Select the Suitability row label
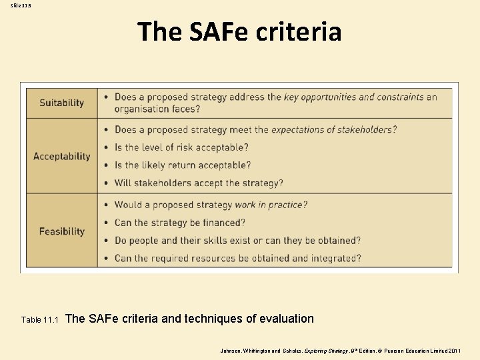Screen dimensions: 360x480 click(x=61, y=103)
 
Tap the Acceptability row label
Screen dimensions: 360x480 click(x=61, y=156)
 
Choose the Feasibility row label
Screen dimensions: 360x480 click(x=61, y=231)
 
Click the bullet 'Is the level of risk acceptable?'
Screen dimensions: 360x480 click(x=181, y=147)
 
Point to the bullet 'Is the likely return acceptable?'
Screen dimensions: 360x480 click(x=183, y=165)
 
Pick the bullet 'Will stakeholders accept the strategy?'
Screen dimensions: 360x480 click(x=199, y=183)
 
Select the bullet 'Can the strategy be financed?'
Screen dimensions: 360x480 click(x=180, y=223)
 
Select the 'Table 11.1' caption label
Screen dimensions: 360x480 click(x=40, y=319)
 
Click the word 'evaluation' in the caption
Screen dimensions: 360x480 click(x=286, y=319)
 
